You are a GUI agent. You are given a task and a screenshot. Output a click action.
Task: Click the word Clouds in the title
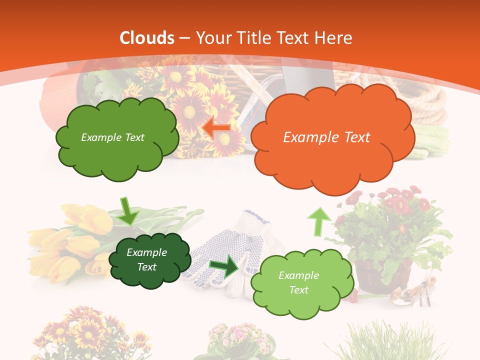147,38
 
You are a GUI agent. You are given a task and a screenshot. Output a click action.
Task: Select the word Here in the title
333,38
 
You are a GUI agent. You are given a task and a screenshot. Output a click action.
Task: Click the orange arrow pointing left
216,128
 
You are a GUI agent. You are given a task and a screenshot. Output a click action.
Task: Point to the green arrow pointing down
128,210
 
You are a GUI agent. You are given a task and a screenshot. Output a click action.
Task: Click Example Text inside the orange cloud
326,137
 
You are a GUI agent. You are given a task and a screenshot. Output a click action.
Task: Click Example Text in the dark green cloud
146,260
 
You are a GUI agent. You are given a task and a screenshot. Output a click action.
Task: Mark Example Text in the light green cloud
298,282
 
